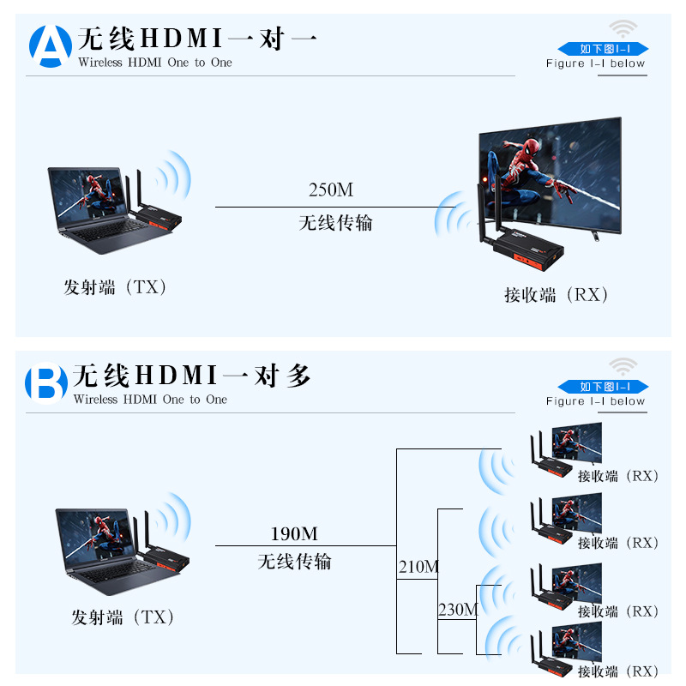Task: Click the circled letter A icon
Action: pyautogui.click(x=51, y=46)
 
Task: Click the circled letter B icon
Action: pyautogui.click(x=46, y=384)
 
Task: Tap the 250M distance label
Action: pyautogui.click(x=331, y=190)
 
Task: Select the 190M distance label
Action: pyautogui.click(x=294, y=534)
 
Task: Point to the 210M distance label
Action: pyautogui.click(x=418, y=567)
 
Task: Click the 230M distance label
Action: pyautogui.click(x=458, y=610)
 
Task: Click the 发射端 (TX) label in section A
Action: pyautogui.click(x=115, y=287)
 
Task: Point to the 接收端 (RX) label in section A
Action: pyautogui.click(x=557, y=295)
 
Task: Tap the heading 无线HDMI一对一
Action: pyautogui.click(x=197, y=39)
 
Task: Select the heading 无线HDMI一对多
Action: pyautogui.click(x=192, y=376)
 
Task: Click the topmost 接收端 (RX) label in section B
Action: pyautogui.click(x=617, y=476)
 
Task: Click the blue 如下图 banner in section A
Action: pyautogui.click(x=603, y=49)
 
